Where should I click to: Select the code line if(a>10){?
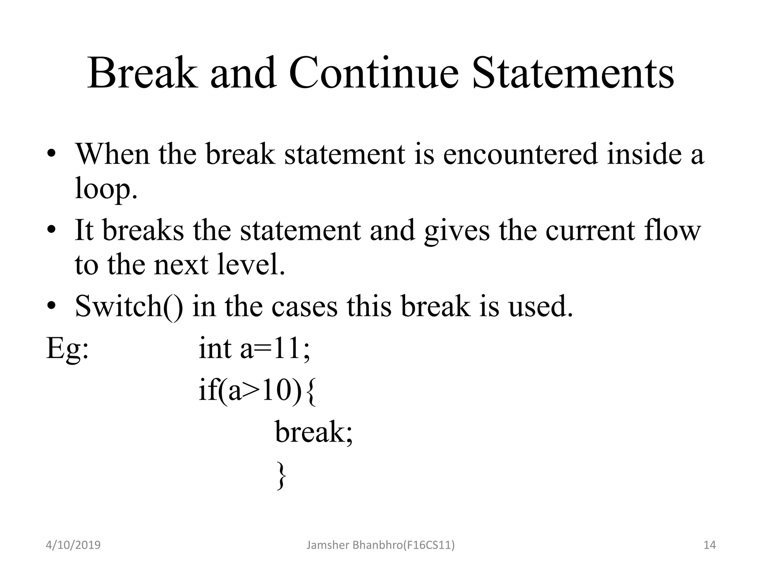257,391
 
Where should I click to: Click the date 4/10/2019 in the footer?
73,545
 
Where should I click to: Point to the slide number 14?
710,545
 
